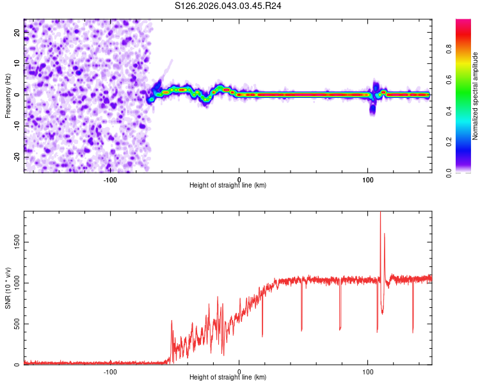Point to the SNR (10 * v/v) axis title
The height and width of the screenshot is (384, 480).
(8, 288)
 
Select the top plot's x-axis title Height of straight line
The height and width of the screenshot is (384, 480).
(228, 185)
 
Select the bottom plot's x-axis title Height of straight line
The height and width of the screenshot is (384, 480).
(228, 377)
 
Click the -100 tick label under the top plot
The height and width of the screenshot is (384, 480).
(110, 179)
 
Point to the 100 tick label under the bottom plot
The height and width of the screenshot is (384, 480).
(368, 371)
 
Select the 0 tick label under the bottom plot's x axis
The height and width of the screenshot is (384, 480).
(239, 371)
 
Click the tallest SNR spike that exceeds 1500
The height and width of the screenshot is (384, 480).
(381, 218)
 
